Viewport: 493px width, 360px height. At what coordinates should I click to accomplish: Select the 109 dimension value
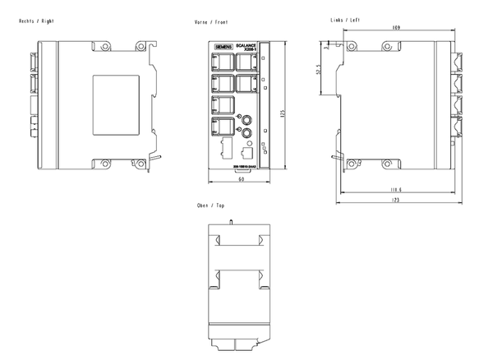(x=397, y=28)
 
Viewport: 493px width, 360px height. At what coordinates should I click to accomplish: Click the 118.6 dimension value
(x=395, y=191)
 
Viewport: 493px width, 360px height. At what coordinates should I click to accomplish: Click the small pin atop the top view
(x=233, y=221)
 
